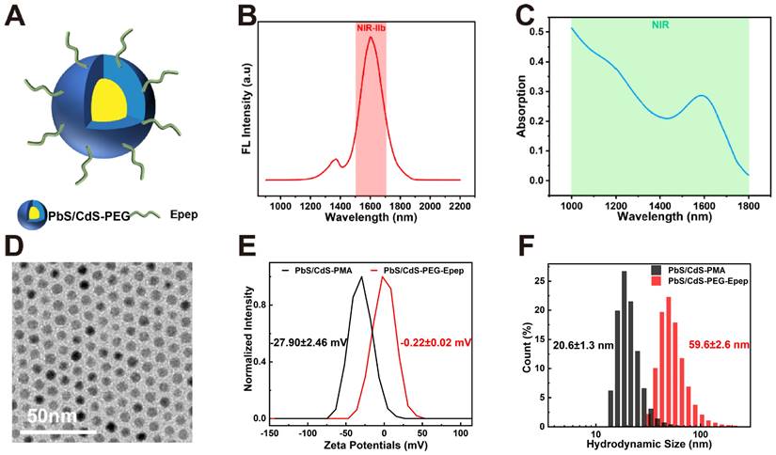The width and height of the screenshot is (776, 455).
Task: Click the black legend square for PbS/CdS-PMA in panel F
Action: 656,268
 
